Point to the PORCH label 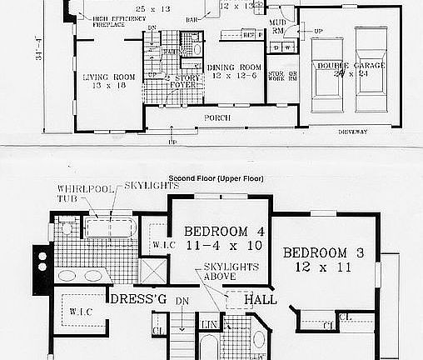coord(217,118)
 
